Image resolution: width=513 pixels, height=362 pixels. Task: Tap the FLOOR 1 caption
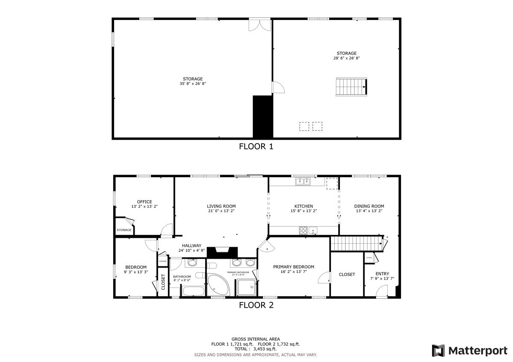pyautogui.click(x=256, y=147)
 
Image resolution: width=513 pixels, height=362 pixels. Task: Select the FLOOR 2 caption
pyautogui.click(x=256, y=305)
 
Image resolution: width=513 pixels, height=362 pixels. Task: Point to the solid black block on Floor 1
pyautogui.click(x=262, y=116)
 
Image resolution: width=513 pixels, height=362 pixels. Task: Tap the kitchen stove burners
pyautogui.click(x=303, y=231)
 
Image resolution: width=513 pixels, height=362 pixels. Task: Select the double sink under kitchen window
pyautogui.click(x=303, y=182)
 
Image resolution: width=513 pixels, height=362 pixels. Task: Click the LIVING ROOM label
pyautogui.click(x=221, y=206)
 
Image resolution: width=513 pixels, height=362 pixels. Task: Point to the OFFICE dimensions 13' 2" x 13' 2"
pyautogui.click(x=144, y=207)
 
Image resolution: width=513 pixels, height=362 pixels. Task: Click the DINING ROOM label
pyautogui.click(x=369, y=206)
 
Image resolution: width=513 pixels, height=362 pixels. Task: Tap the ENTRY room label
pyautogui.click(x=382, y=274)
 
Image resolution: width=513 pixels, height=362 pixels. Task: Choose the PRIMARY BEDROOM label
pyautogui.click(x=294, y=267)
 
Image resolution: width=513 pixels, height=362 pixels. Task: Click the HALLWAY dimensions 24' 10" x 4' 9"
pyautogui.click(x=192, y=250)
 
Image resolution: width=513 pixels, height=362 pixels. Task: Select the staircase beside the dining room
pyautogui.click(x=356, y=244)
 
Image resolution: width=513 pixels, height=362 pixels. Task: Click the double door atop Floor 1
pyautogui.click(x=260, y=24)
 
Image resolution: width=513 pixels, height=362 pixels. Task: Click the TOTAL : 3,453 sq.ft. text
pyautogui.click(x=255, y=349)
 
